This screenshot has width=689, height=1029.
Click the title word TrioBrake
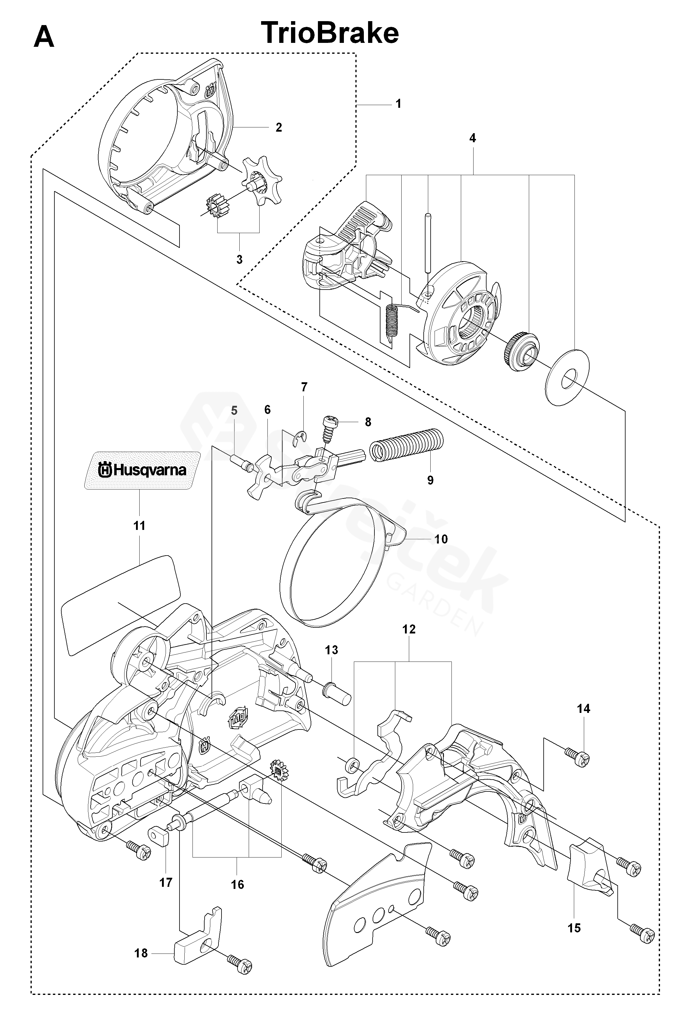tap(330, 33)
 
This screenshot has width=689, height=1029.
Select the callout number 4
tap(472, 138)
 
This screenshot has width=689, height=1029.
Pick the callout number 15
tap(574, 928)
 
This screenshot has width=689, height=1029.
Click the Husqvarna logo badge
tap(142, 470)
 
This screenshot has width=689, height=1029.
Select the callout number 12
tap(409, 629)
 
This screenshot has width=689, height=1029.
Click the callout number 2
tap(279, 127)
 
